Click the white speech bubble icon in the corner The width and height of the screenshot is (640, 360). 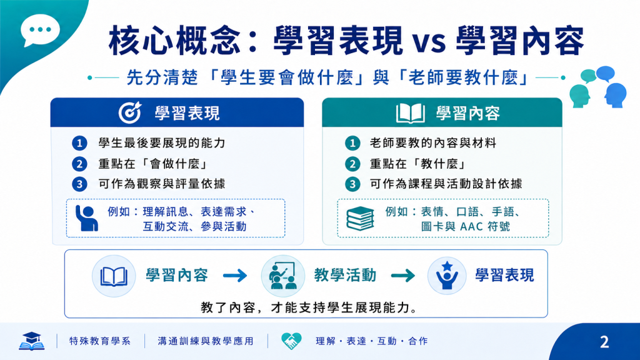coord(40,30)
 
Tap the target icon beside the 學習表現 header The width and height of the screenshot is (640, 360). coord(130,112)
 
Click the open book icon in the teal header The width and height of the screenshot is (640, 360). coord(410,113)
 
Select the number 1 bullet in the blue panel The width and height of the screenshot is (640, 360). coord(79,143)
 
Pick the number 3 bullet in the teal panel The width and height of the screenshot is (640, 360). coord(352,184)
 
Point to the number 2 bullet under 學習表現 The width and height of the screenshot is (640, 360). coord(79,164)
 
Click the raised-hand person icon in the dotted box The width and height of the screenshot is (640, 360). coord(86,218)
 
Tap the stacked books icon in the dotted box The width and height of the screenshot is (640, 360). coord(360,218)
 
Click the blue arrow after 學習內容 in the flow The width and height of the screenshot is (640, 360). coord(235,276)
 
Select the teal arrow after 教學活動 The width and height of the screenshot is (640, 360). coord(403,276)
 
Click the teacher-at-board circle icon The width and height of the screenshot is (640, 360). coord(283,276)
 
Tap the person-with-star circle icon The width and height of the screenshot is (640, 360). coord(447,276)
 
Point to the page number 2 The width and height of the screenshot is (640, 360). coord(604,342)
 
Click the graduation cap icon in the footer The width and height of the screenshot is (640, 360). coord(31,341)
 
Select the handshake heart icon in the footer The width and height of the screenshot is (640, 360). coord(291,341)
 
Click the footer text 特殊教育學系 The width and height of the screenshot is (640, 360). coord(100,341)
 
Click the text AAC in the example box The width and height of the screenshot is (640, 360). coord(472,226)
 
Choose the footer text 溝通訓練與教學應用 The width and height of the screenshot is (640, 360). coord(206,341)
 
